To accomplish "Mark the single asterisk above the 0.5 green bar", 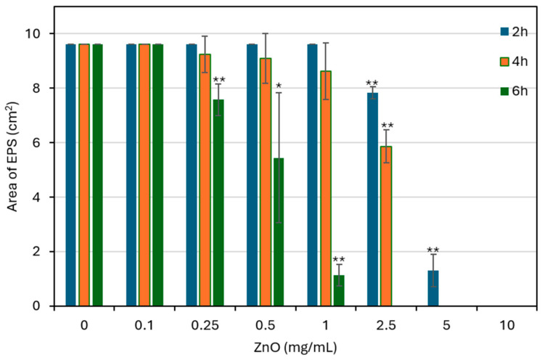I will click(279, 86).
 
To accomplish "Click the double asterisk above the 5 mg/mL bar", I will click(432, 250).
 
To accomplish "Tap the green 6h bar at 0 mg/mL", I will click(98, 175).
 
